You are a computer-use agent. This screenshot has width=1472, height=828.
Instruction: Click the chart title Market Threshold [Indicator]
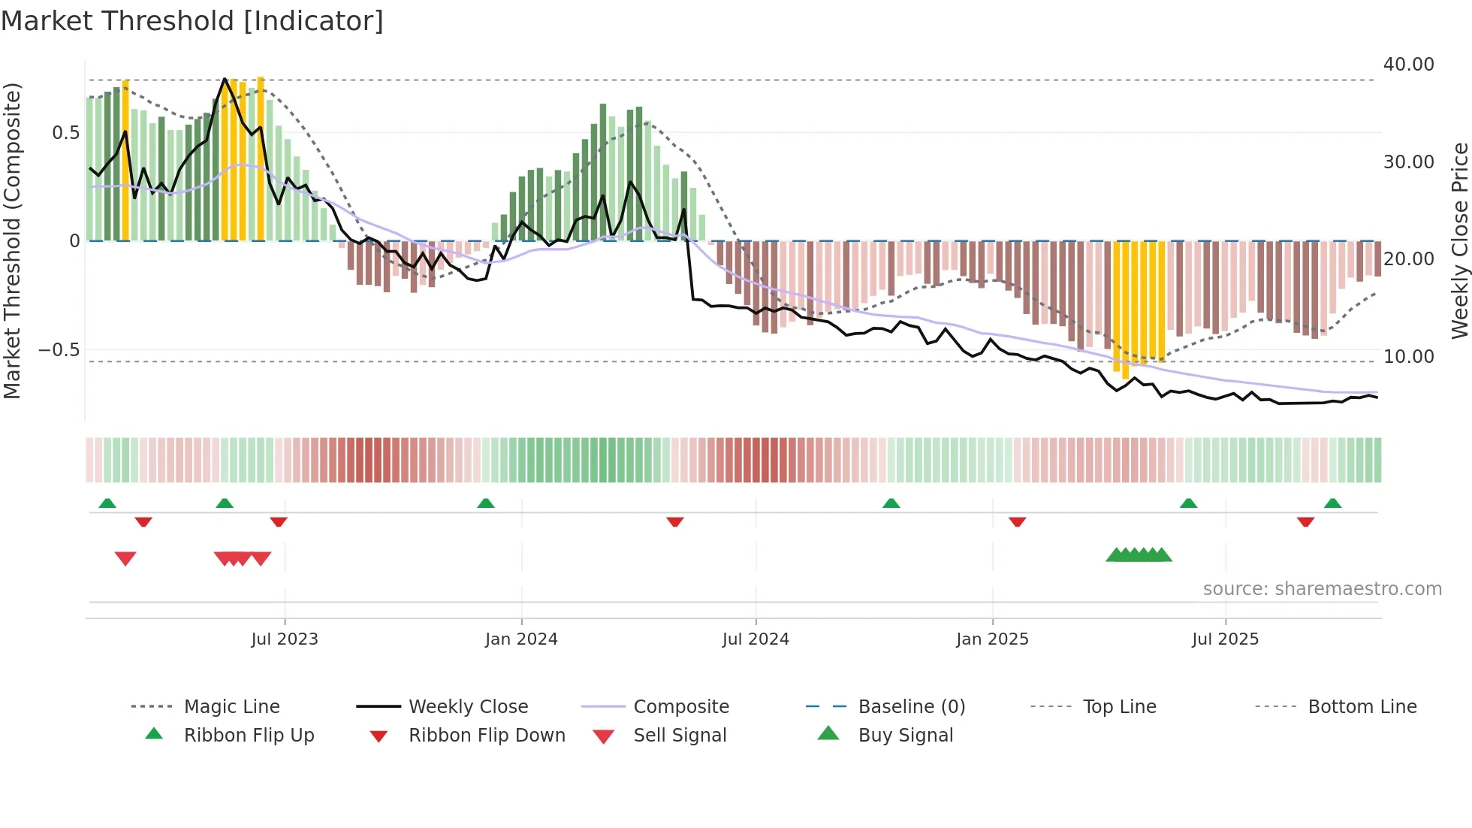click(192, 21)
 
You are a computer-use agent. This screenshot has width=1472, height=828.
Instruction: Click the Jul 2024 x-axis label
click(756, 639)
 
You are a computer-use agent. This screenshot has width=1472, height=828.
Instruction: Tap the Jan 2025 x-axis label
click(992, 639)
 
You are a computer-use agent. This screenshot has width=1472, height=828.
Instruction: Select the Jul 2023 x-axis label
click(285, 639)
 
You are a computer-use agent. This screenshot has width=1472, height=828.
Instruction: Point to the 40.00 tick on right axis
click(1408, 65)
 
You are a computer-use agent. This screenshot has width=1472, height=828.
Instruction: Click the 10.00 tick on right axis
click(1408, 357)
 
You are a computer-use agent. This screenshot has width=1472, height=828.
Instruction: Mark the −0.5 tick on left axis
click(59, 350)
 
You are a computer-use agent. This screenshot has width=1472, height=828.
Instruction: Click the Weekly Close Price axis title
click(1459, 240)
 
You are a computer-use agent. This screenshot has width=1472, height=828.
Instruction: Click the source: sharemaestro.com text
click(1322, 589)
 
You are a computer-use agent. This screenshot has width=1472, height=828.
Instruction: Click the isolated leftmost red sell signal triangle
click(125, 558)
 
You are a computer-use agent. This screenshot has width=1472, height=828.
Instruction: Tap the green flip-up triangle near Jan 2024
click(486, 503)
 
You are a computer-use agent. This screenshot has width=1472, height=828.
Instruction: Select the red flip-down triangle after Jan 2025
click(1018, 521)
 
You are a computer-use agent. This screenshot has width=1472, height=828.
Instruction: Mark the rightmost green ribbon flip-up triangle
click(1332, 503)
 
